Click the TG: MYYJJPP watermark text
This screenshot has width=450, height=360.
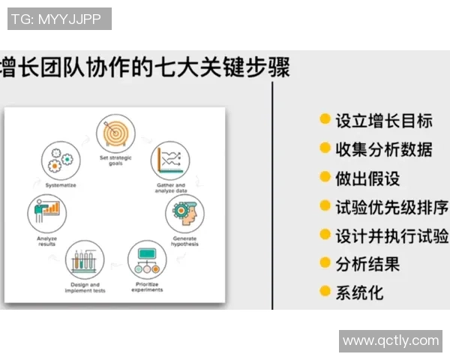(59, 19)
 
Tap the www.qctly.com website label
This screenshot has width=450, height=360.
(390, 340)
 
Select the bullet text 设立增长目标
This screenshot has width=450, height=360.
(383, 121)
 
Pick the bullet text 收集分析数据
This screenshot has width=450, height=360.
(383, 149)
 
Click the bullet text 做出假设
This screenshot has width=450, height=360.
(367, 178)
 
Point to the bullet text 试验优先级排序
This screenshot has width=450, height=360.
(391, 207)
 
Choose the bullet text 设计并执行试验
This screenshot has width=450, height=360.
(391, 235)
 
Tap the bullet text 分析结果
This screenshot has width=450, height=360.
(367, 264)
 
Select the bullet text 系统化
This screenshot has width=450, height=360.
(358, 292)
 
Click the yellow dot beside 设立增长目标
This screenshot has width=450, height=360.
(325, 120)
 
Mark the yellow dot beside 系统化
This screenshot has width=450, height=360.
(325, 292)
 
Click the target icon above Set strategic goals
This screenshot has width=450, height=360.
(115, 133)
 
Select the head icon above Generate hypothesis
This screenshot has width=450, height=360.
(184, 214)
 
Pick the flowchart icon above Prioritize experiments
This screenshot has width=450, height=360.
(147, 259)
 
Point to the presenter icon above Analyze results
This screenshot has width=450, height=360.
(46, 212)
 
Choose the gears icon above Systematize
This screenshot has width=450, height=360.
(60, 160)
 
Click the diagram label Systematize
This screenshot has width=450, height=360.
(60, 184)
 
